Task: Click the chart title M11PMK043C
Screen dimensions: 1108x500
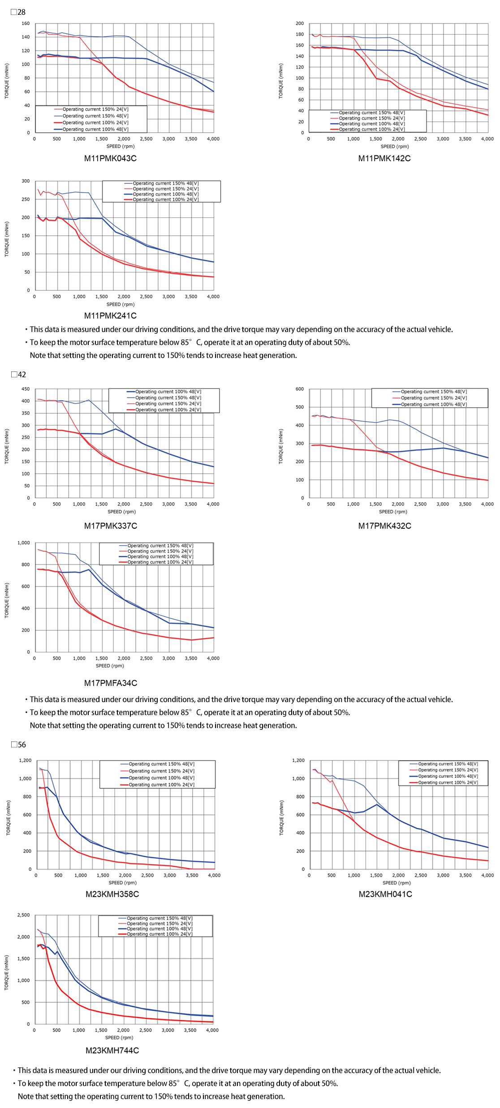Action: [110, 159]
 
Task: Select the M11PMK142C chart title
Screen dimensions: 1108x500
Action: [384, 159]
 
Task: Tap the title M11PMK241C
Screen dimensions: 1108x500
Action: [110, 316]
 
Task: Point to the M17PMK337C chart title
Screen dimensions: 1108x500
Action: [111, 526]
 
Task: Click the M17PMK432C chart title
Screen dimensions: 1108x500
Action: [384, 526]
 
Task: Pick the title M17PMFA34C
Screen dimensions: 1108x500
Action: [111, 683]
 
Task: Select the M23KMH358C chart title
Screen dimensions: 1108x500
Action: [112, 894]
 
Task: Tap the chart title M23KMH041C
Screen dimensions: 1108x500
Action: [385, 894]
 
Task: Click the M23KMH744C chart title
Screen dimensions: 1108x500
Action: [112, 1051]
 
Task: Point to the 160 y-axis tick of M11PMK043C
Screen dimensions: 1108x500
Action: [26, 23]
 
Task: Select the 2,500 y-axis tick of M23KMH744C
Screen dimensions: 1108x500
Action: [24, 915]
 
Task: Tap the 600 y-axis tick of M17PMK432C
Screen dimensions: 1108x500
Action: [300, 389]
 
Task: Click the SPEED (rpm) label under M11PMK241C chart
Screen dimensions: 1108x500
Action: [121, 304]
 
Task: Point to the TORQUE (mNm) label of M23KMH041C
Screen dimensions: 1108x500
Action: [281, 818]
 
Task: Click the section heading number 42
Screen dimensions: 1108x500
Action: [22, 375]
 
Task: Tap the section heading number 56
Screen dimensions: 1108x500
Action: [22, 745]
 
